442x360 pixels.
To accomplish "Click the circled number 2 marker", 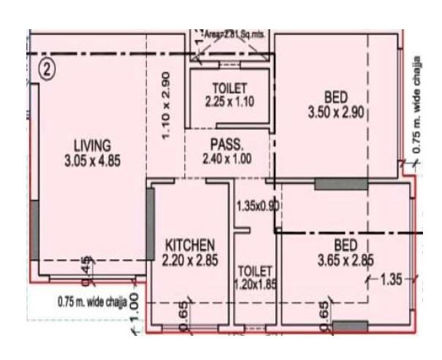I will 47,70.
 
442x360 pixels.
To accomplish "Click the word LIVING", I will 91,144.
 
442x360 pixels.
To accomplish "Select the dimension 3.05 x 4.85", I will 91,160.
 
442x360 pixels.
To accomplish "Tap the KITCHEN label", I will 189,244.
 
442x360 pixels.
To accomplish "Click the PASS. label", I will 226,144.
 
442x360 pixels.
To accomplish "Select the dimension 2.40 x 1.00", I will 226,158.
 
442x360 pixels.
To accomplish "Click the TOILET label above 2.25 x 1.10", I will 229,89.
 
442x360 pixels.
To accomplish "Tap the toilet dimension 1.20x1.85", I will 255,284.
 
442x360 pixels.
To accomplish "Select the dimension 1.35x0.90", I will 258,206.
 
